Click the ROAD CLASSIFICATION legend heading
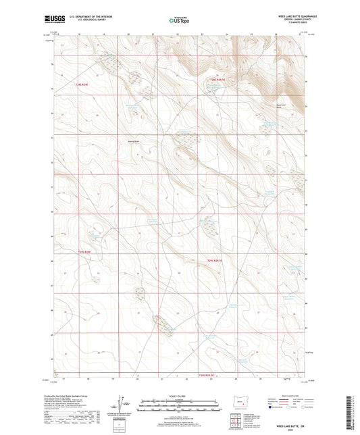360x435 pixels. click(290, 395)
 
